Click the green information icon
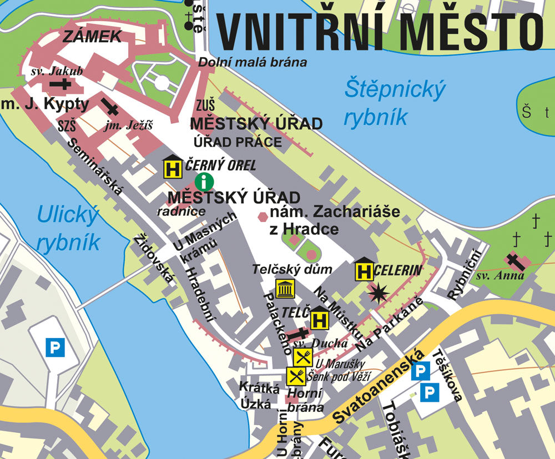click(x=205, y=181)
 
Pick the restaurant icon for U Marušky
click(x=303, y=356)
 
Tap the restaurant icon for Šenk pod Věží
click(x=296, y=376)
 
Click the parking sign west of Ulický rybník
click(x=55, y=348)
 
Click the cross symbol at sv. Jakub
click(x=60, y=84)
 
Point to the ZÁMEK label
click(x=92, y=37)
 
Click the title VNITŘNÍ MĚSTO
click(x=379, y=32)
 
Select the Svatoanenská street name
click(x=380, y=387)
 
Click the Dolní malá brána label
click(x=253, y=62)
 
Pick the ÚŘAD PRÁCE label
click(x=238, y=142)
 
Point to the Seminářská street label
click(x=94, y=166)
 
